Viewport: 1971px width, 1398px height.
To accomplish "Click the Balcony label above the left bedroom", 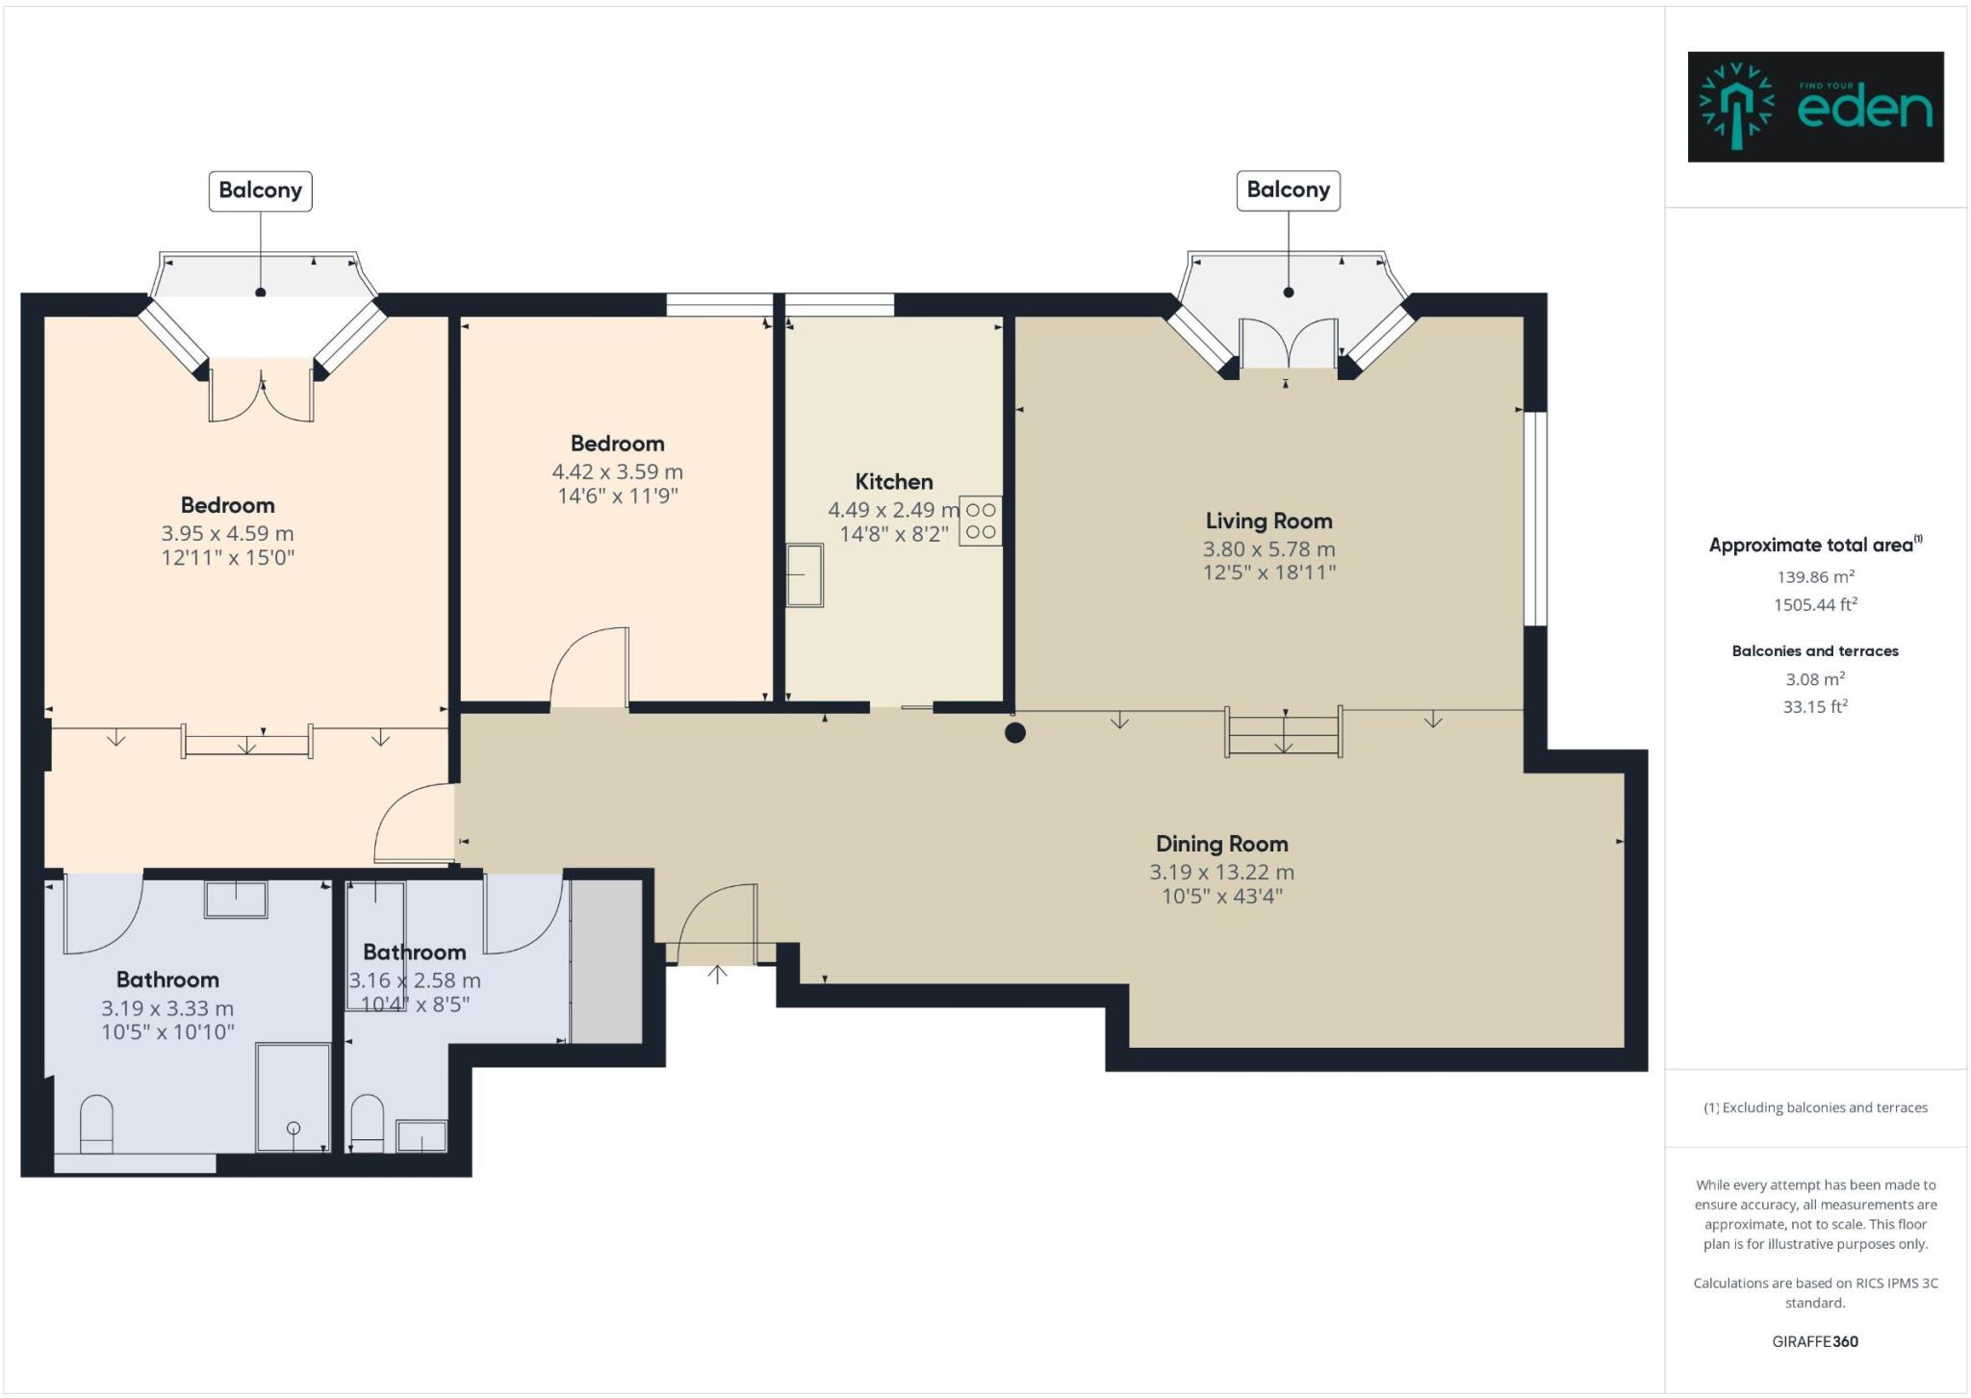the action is pyautogui.click(x=260, y=191).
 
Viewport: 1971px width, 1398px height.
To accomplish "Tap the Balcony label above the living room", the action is pyautogui.click(x=1288, y=191).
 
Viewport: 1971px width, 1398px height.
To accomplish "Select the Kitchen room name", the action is pyautogui.click(x=894, y=482).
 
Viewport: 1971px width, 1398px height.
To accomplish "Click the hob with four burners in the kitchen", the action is pyautogui.click(x=981, y=521).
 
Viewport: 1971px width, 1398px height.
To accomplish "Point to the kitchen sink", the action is pyautogui.click(x=805, y=575).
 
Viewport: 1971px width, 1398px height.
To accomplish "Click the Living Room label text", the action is pyautogui.click(x=1268, y=521).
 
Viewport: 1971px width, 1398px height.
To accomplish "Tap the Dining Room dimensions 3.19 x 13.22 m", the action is pyautogui.click(x=1221, y=873).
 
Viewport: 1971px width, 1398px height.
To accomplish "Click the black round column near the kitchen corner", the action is pyautogui.click(x=1014, y=733).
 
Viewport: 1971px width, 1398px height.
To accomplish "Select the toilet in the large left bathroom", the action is pyautogui.click(x=96, y=1124).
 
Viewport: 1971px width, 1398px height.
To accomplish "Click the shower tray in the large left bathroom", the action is pyautogui.click(x=293, y=1098).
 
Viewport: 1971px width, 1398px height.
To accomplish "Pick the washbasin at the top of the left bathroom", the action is pyautogui.click(x=236, y=899).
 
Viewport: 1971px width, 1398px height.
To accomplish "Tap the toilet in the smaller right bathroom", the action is pyautogui.click(x=368, y=1124).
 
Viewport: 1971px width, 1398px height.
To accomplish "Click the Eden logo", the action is pyautogui.click(x=1815, y=107).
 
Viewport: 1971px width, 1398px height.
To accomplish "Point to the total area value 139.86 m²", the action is pyautogui.click(x=1815, y=576).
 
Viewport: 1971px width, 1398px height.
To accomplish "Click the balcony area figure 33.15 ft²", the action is pyautogui.click(x=1815, y=706).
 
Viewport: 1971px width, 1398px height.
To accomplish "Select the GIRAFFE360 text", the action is pyautogui.click(x=1815, y=1341).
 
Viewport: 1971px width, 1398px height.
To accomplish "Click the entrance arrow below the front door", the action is pyautogui.click(x=717, y=974).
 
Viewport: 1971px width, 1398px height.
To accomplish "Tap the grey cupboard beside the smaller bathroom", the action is pyautogui.click(x=606, y=960).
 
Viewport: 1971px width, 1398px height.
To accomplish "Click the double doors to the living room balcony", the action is pyautogui.click(x=1288, y=343).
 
